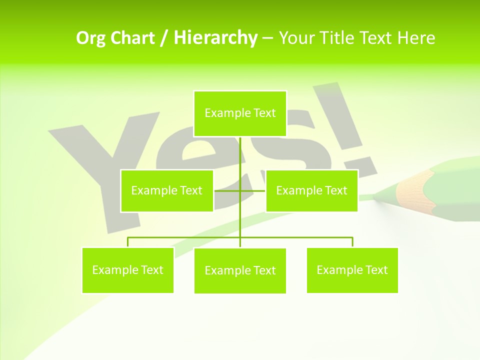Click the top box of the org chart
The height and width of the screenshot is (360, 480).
pos(240,113)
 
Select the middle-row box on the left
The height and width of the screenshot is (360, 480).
pos(166,190)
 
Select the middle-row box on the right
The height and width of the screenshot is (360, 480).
pos(311,190)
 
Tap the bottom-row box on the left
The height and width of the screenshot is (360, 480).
pos(127,270)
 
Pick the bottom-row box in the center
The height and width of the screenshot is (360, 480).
pos(240,270)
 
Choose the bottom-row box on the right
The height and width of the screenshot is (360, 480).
pos(352,270)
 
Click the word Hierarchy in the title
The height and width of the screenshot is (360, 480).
pos(215,38)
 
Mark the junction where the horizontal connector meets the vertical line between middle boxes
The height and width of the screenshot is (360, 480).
pos(240,190)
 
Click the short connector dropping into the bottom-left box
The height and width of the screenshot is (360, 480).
pos(127,242)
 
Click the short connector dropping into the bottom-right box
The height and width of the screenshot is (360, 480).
pos(352,242)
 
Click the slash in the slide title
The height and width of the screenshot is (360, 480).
pos(164,38)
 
